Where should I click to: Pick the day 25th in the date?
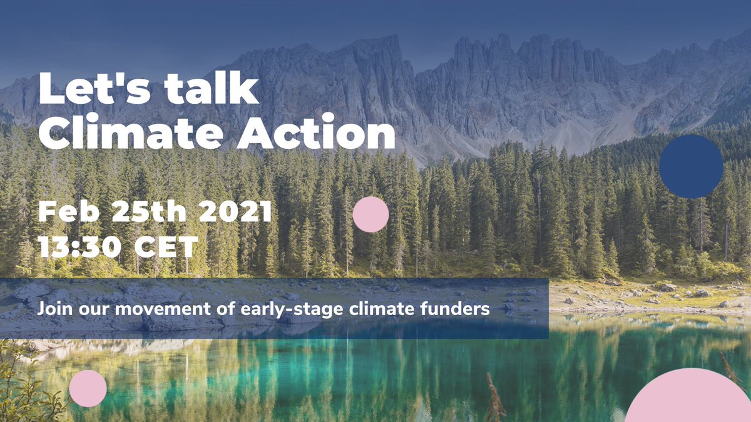(x=149, y=213)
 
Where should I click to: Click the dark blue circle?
(x=691, y=166)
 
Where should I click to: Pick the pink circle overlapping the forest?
(x=370, y=214)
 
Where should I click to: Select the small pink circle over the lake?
(x=88, y=388)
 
